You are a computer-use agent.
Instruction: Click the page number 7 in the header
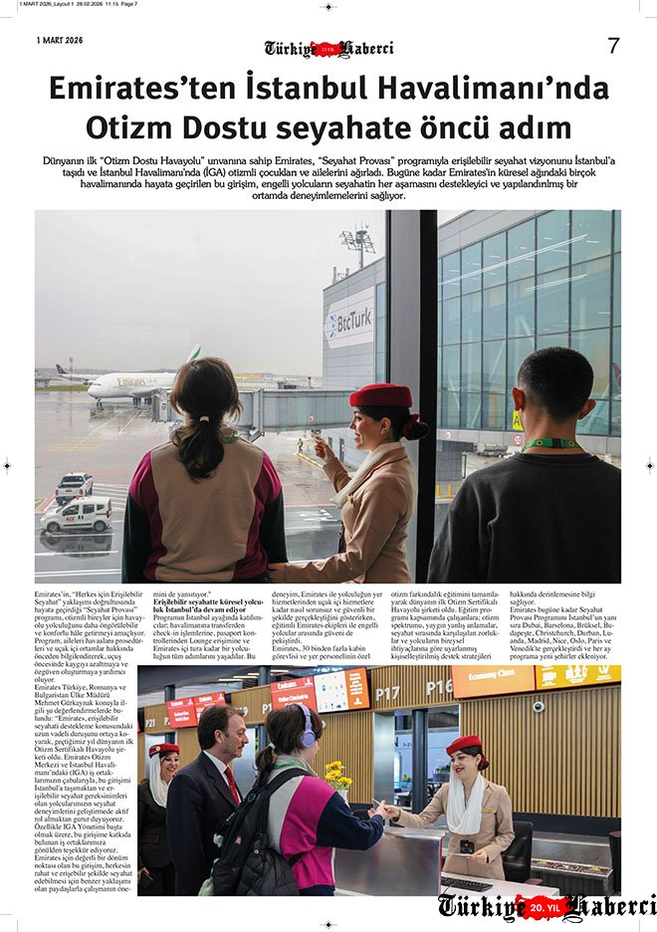point(613,46)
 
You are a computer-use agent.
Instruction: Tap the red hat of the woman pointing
point(380,395)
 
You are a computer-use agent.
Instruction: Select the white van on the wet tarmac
point(77,515)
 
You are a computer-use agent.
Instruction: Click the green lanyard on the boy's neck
point(549,443)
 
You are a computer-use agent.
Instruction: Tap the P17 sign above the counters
point(388,690)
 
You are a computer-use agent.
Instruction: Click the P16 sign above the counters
point(439,688)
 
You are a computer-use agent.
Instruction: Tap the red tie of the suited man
point(231,784)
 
